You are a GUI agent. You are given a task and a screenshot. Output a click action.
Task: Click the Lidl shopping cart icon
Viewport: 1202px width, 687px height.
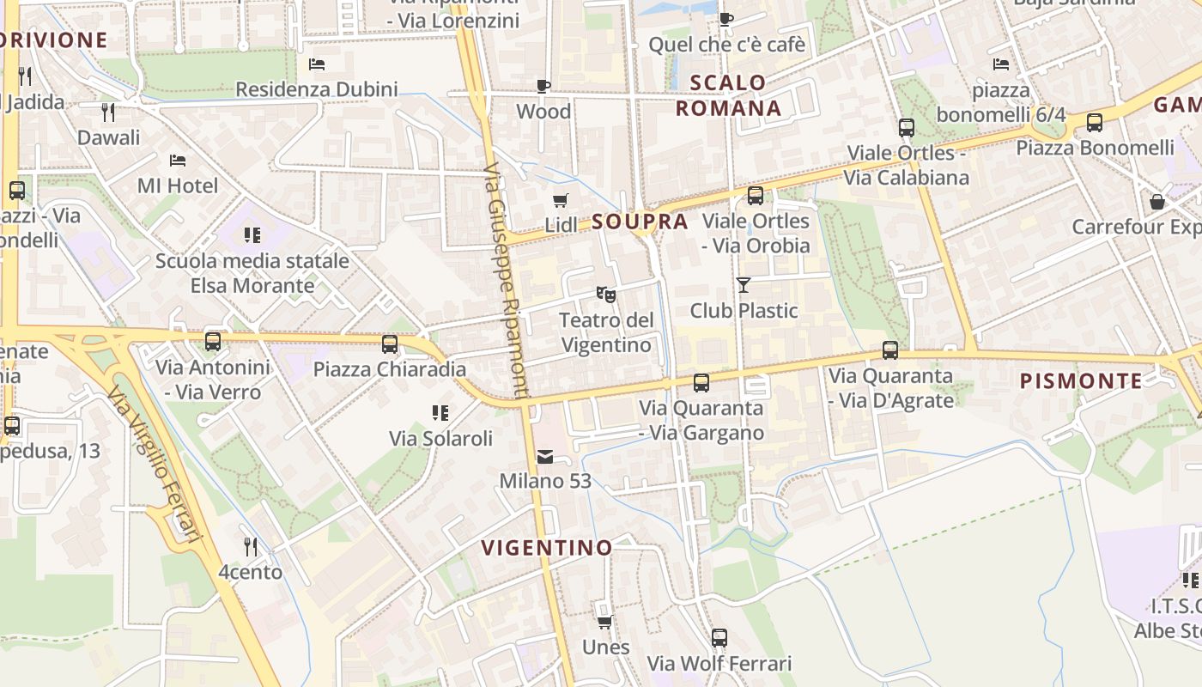[561, 201]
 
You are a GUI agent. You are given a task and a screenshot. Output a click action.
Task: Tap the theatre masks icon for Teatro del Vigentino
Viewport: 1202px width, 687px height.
[606, 295]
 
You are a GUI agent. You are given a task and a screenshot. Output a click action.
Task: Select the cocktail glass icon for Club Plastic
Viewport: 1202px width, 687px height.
[744, 284]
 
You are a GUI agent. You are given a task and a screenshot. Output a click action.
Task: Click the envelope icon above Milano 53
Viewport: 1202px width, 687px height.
[545, 456]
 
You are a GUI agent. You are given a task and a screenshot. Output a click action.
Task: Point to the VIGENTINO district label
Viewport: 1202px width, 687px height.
[547, 548]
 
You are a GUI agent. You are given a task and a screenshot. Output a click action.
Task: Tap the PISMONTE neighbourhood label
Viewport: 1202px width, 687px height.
[1081, 381]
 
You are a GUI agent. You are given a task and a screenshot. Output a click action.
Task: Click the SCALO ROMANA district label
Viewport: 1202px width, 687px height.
[729, 95]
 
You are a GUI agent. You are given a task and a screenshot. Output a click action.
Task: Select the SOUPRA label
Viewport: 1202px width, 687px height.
[640, 222]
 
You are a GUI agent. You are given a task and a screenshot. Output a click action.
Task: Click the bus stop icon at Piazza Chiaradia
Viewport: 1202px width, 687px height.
[390, 344]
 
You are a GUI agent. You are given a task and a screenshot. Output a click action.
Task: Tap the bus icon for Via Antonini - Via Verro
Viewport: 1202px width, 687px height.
[213, 342]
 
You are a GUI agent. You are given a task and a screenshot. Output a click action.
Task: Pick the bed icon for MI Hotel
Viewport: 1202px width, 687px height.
[178, 161]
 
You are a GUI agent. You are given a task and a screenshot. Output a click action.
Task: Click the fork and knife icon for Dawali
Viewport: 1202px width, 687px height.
[108, 112]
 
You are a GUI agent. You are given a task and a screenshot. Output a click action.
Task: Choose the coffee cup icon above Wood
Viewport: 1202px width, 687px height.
[543, 86]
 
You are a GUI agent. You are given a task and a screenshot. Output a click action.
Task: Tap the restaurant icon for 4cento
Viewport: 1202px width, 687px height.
[250, 546]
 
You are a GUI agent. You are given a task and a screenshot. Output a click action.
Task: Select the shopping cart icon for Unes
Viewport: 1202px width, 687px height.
[605, 622]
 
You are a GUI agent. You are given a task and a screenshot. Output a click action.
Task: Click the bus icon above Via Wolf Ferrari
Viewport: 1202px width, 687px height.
[719, 638]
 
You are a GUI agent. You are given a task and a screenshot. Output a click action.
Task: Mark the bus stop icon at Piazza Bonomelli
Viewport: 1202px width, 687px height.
[1095, 123]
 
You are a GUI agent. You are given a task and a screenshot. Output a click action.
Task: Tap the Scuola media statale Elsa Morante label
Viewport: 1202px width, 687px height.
[252, 273]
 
